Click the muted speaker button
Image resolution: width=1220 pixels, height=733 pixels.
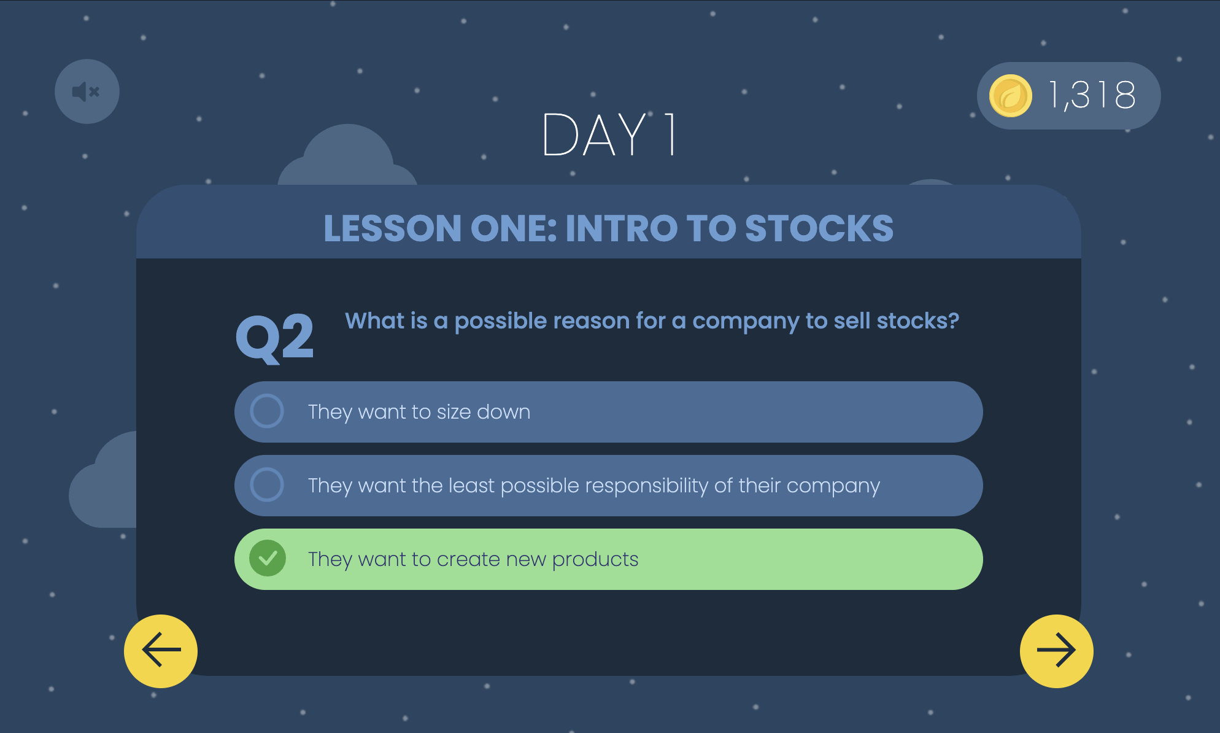(x=87, y=91)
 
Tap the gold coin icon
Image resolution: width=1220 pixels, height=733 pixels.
(x=1010, y=96)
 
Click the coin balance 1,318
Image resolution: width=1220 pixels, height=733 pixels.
(x=1092, y=95)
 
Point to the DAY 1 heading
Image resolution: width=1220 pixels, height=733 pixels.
(x=609, y=134)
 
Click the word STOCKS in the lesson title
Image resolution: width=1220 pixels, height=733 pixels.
(x=819, y=228)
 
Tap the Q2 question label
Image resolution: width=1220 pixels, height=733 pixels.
(x=275, y=337)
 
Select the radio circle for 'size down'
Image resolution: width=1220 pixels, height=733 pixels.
(x=267, y=411)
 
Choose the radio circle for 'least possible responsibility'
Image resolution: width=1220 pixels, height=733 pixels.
(x=267, y=485)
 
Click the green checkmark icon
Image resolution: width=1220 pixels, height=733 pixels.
(x=268, y=558)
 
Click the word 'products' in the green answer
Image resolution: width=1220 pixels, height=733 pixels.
(x=595, y=560)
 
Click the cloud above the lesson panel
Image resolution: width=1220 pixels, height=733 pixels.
(x=348, y=156)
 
